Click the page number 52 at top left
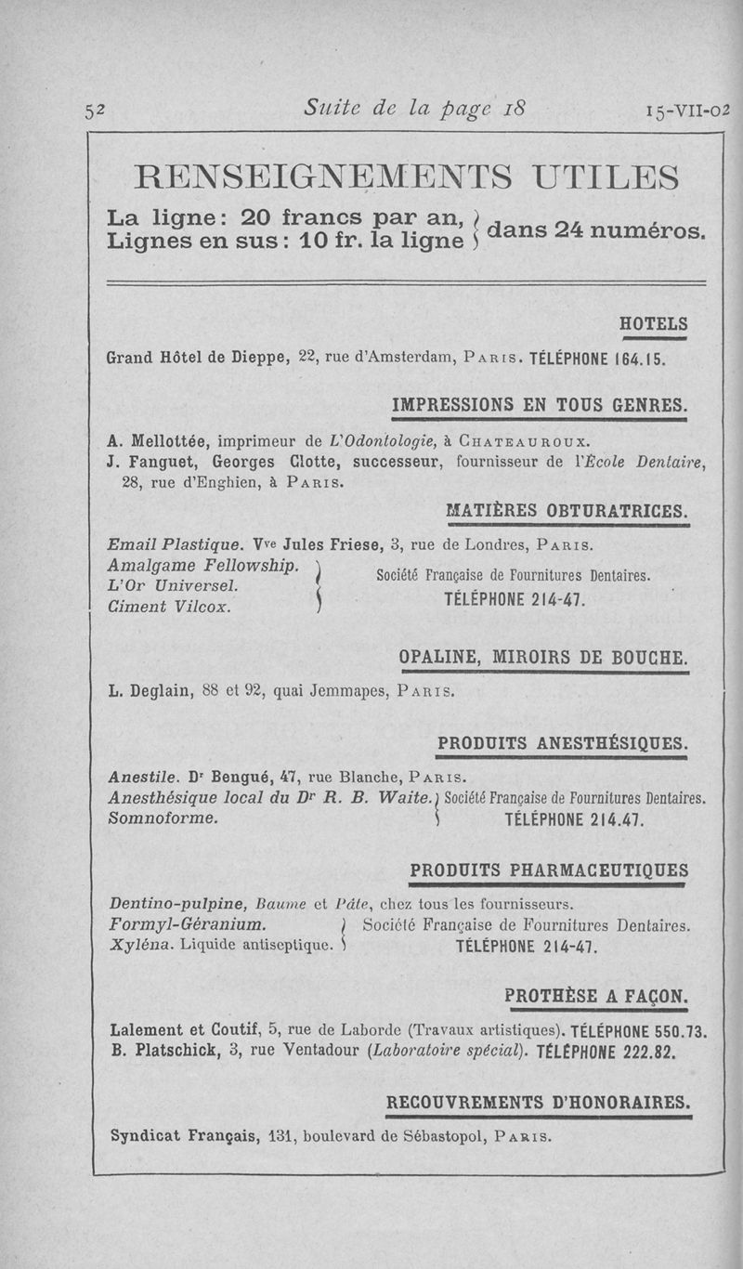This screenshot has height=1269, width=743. coord(95,110)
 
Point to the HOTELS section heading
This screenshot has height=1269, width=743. coord(653,324)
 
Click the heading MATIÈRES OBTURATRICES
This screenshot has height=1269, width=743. coord(567,511)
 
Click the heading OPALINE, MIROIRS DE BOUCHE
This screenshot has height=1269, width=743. coord(544,658)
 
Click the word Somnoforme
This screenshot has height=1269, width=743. coord(163,818)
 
